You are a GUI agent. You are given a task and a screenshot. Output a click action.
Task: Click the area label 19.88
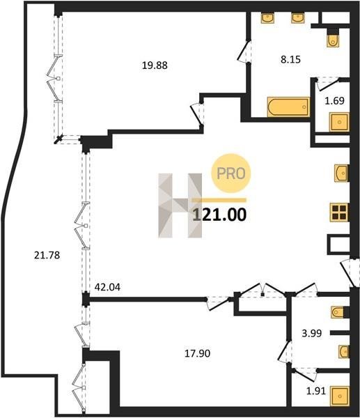tap(155, 65)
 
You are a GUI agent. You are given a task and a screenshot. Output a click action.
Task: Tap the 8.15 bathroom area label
tap(290, 59)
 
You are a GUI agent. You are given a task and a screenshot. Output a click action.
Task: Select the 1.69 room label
tap(334, 101)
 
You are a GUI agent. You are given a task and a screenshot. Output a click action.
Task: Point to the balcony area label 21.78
tap(47, 256)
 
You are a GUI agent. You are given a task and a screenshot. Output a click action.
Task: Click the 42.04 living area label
tap(107, 287)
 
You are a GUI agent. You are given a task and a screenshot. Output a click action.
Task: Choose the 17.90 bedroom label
tap(198, 353)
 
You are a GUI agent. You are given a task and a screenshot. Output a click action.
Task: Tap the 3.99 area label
tap(312, 333)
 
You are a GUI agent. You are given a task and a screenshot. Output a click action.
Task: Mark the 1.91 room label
tap(316, 391)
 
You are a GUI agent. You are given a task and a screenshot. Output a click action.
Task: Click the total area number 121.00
tap(219, 215)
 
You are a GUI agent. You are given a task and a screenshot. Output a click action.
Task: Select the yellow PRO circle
tap(230, 173)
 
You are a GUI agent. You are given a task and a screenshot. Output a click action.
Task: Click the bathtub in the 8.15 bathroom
tap(288, 107)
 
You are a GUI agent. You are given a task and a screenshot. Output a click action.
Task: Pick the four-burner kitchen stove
tap(339, 212)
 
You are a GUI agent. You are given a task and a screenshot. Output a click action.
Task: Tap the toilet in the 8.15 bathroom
tap(333, 38)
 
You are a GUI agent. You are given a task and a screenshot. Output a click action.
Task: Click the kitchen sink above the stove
tap(342, 173)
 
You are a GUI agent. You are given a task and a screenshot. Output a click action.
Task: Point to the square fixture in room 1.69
tap(339, 122)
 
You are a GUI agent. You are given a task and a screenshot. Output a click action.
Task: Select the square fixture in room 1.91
tap(340, 396)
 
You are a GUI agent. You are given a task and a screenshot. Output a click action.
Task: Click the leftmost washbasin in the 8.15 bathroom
tap(267, 17)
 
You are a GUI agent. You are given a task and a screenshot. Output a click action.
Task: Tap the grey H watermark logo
tap(180, 206)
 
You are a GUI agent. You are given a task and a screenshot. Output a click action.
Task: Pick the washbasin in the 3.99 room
tap(344, 352)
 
